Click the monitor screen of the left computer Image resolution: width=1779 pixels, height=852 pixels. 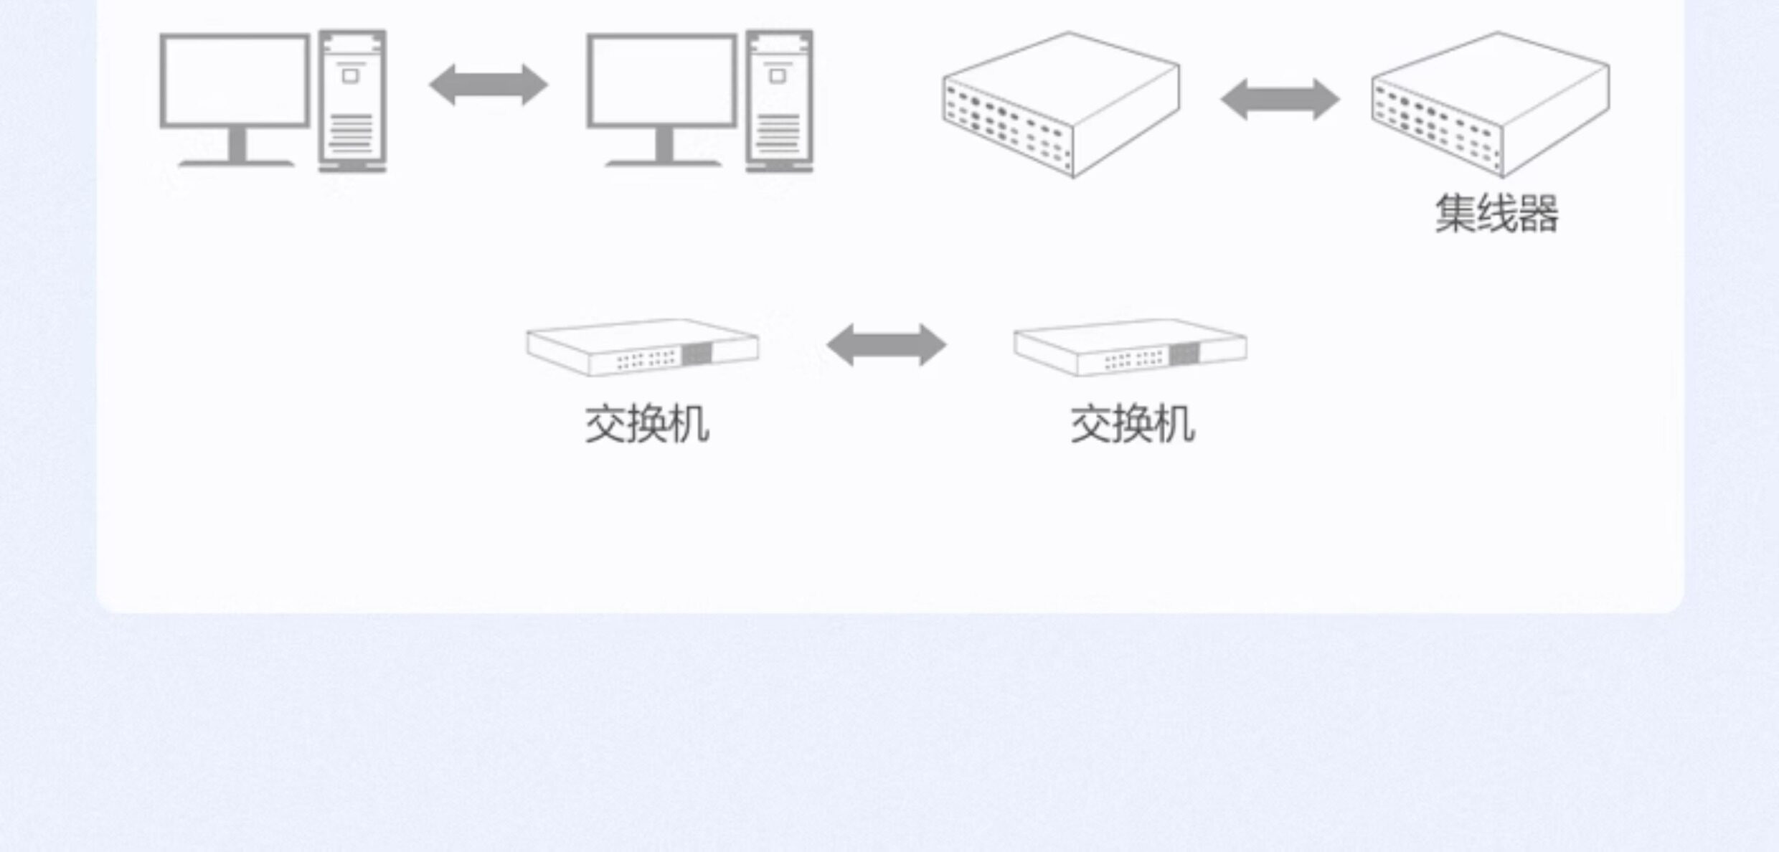pyautogui.click(x=235, y=80)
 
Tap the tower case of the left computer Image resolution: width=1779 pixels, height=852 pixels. pyautogui.click(x=352, y=100)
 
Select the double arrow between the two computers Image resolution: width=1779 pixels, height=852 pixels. pyautogui.click(x=489, y=85)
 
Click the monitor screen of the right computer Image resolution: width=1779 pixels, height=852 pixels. pyautogui.click(x=661, y=80)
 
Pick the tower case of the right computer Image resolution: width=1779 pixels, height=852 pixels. pyautogui.click(x=779, y=100)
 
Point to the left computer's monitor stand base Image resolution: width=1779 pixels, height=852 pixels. pyautogui.click(x=236, y=163)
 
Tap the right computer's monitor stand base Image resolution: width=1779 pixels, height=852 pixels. pyautogui.click(x=663, y=163)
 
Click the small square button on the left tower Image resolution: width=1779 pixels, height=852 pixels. pyautogui.click(x=350, y=75)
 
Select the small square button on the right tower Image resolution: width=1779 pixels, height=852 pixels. pyautogui.click(x=777, y=75)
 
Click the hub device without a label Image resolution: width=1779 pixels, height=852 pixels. pyautogui.click(x=1062, y=104)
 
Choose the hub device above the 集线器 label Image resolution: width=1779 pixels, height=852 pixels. pyautogui.click(x=1491, y=104)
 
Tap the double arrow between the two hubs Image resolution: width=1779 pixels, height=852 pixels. pyautogui.click(x=1280, y=99)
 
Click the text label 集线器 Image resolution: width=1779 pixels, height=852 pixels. pyautogui.click(x=1496, y=214)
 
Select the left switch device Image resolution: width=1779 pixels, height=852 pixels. pyautogui.click(x=642, y=347)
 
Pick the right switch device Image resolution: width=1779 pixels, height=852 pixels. pyautogui.click(x=1130, y=347)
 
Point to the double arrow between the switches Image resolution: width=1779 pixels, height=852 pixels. pyautogui.click(x=887, y=345)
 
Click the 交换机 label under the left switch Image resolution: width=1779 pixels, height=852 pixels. pyautogui.click(x=647, y=425)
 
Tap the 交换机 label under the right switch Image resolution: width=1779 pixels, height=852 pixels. pyautogui.click(x=1133, y=425)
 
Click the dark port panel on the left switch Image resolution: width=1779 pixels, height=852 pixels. pyautogui.click(x=696, y=354)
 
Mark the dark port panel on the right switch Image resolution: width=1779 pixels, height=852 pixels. pyautogui.click(x=1184, y=354)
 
